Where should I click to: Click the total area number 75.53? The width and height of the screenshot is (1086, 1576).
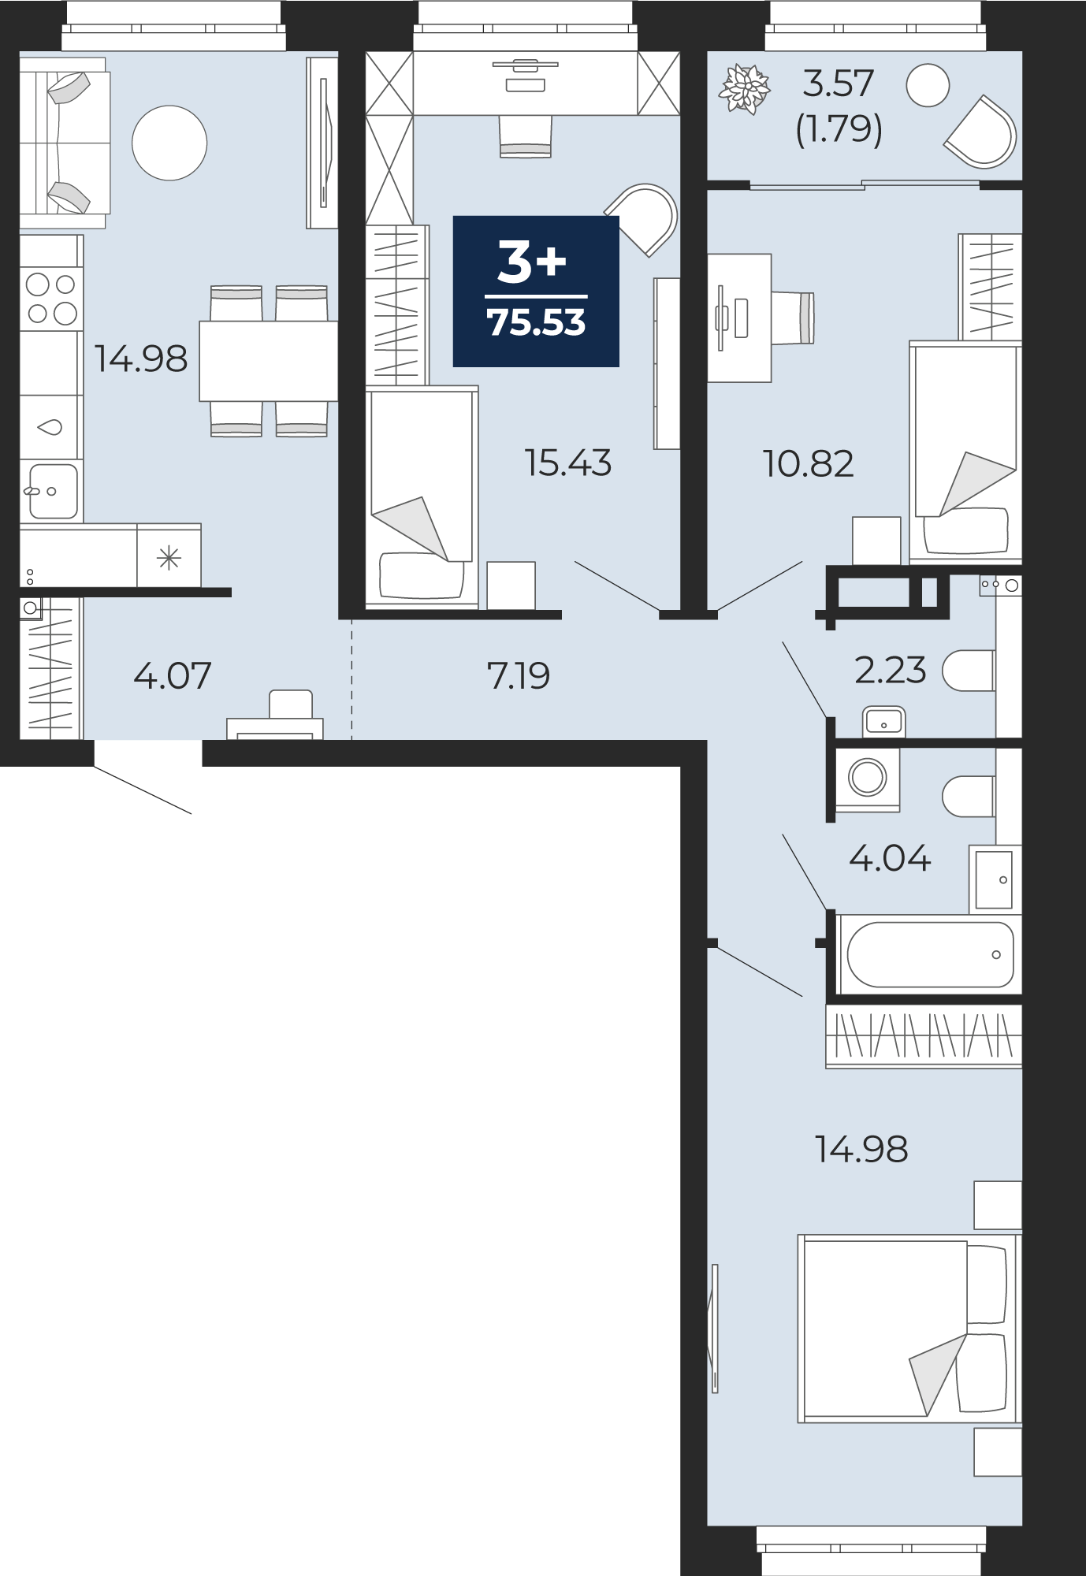point(537,323)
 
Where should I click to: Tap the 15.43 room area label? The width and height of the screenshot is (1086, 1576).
point(568,463)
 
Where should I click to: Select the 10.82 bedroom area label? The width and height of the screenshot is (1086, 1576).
point(809,464)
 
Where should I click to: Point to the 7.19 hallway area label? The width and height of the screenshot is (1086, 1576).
point(519,676)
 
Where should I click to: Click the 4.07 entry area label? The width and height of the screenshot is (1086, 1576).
point(173,676)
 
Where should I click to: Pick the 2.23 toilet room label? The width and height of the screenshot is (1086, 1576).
point(891,671)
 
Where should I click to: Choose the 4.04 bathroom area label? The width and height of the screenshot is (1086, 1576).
point(891,858)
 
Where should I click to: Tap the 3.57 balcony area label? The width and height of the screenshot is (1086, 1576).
point(839,84)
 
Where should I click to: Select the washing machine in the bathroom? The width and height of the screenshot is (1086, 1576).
point(868,779)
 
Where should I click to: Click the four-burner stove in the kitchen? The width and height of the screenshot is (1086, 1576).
point(51,299)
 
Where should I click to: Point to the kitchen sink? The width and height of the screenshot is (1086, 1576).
point(52,491)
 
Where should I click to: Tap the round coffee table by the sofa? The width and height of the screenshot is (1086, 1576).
point(169,143)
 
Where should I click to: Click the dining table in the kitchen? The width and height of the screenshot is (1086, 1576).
point(268,361)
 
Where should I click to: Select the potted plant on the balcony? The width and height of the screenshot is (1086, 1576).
point(744,89)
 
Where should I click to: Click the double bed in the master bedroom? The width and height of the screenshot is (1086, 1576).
point(909,1329)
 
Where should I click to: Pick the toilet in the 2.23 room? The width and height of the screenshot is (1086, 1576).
point(969,671)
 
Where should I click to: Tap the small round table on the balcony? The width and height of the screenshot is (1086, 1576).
point(928,85)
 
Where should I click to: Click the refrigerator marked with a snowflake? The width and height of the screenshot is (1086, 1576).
point(169,556)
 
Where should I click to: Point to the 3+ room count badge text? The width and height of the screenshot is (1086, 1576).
point(532,262)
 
